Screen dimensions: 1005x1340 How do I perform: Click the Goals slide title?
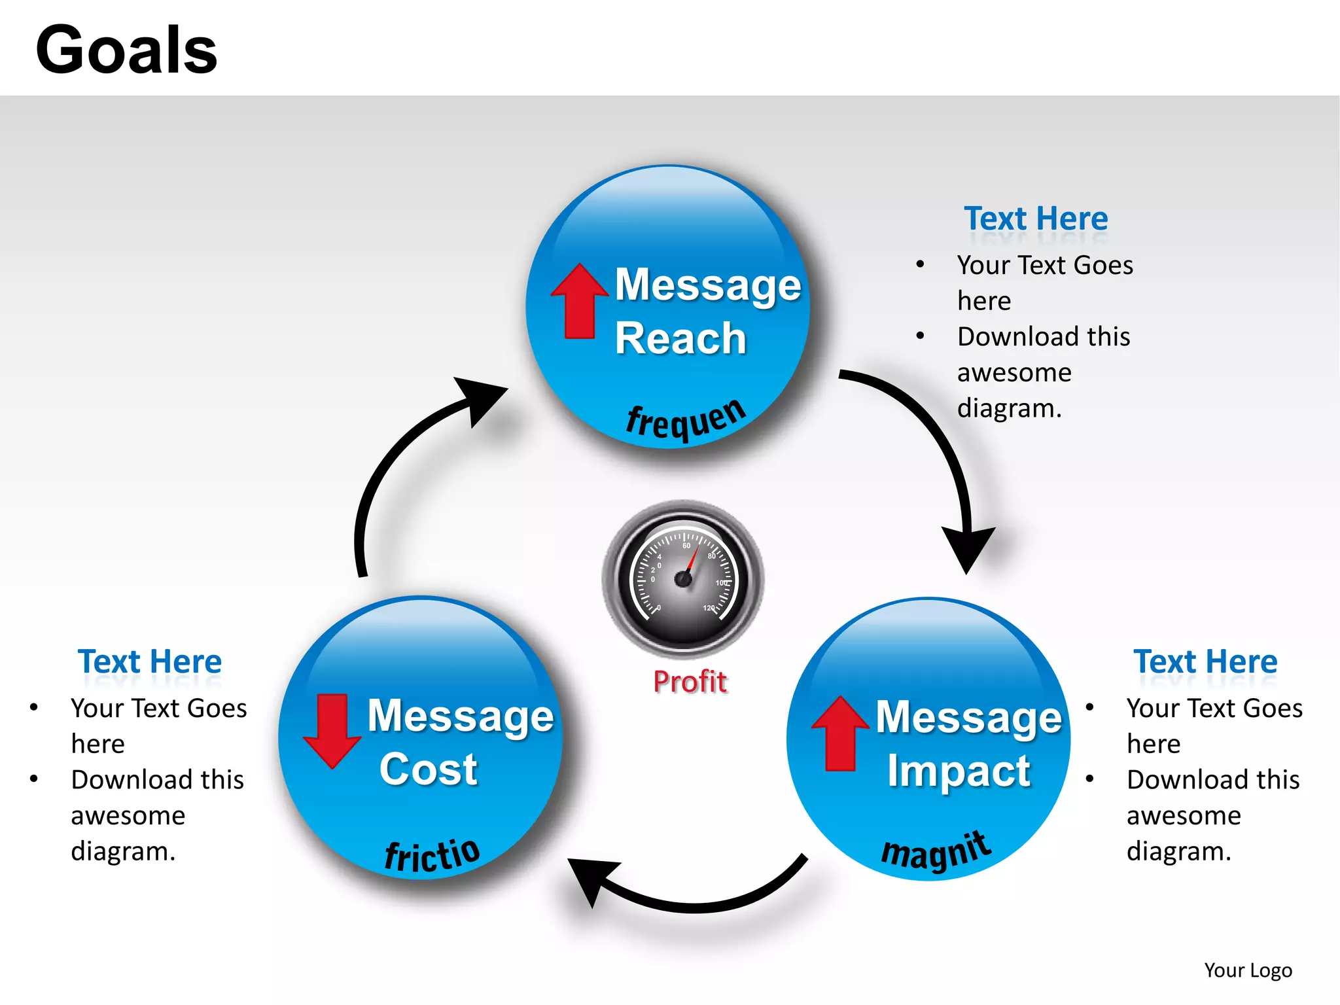[x=126, y=50]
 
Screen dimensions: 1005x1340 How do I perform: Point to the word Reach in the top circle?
[x=680, y=339]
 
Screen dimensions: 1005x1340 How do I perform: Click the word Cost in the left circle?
[x=429, y=769]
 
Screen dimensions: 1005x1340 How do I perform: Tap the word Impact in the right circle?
[x=959, y=771]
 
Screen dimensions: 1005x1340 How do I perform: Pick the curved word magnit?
[x=936, y=851]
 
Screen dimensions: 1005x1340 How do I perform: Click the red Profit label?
[x=690, y=682]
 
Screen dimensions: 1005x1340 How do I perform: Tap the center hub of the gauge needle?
[x=683, y=579]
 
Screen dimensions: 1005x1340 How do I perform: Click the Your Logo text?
[x=1248, y=970]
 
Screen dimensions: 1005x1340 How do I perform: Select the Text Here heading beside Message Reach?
[x=1036, y=219]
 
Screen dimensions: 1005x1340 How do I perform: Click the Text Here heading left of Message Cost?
[x=150, y=661]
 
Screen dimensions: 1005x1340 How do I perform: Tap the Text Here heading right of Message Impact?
[x=1205, y=661]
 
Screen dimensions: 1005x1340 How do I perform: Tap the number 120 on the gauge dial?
[x=709, y=608]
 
